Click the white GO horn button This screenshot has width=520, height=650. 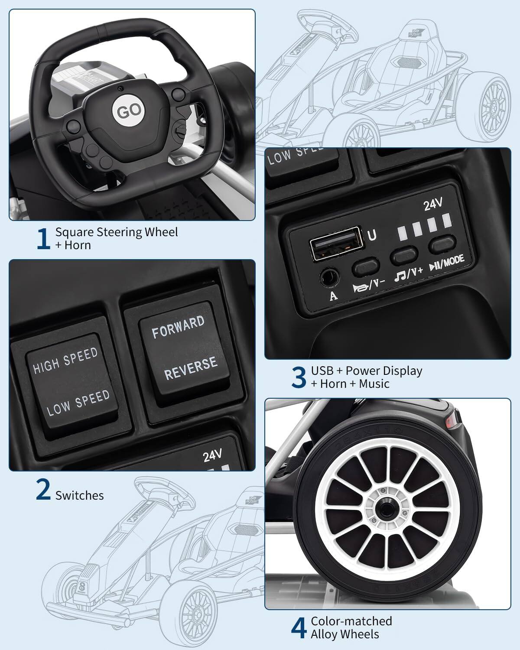(x=129, y=110)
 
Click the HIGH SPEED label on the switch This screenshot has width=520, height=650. (x=65, y=361)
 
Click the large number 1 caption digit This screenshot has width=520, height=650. (x=43, y=239)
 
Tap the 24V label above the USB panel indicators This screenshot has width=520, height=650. (x=433, y=205)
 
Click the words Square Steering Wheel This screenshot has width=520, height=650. (x=117, y=232)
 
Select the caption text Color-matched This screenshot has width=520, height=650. (x=351, y=621)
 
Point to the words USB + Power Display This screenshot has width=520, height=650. (x=367, y=371)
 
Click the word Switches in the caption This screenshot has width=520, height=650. (x=80, y=495)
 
